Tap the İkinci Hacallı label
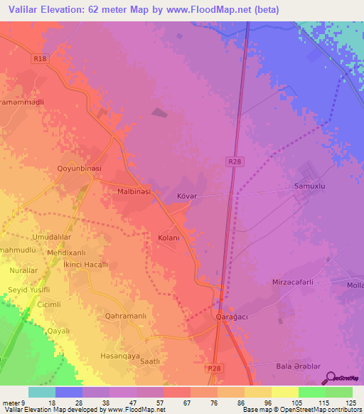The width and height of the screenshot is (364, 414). click(85, 264)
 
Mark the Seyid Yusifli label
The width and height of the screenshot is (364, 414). click(28, 290)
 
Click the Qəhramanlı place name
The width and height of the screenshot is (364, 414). click(126, 316)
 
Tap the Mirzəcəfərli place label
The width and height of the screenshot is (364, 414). click(293, 282)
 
